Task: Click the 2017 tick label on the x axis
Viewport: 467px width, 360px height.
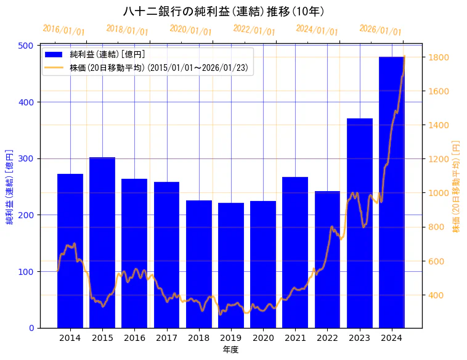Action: [x=166, y=337]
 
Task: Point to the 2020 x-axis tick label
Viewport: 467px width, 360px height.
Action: [x=263, y=337]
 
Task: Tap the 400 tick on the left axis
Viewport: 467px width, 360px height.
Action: [x=28, y=102]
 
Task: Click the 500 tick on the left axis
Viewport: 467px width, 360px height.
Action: [x=28, y=46]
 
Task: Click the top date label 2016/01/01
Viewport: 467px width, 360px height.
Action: [x=63, y=30]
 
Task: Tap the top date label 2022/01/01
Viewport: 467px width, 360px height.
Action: [x=254, y=30]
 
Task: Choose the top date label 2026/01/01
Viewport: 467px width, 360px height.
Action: [x=380, y=30]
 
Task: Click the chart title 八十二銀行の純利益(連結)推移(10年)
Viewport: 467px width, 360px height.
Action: [x=224, y=11]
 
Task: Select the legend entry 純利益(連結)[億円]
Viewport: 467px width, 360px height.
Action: [x=107, y=54]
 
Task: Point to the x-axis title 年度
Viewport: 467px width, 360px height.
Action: [x=231, y=349]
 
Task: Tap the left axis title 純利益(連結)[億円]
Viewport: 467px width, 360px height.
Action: [x=10, y=186]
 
